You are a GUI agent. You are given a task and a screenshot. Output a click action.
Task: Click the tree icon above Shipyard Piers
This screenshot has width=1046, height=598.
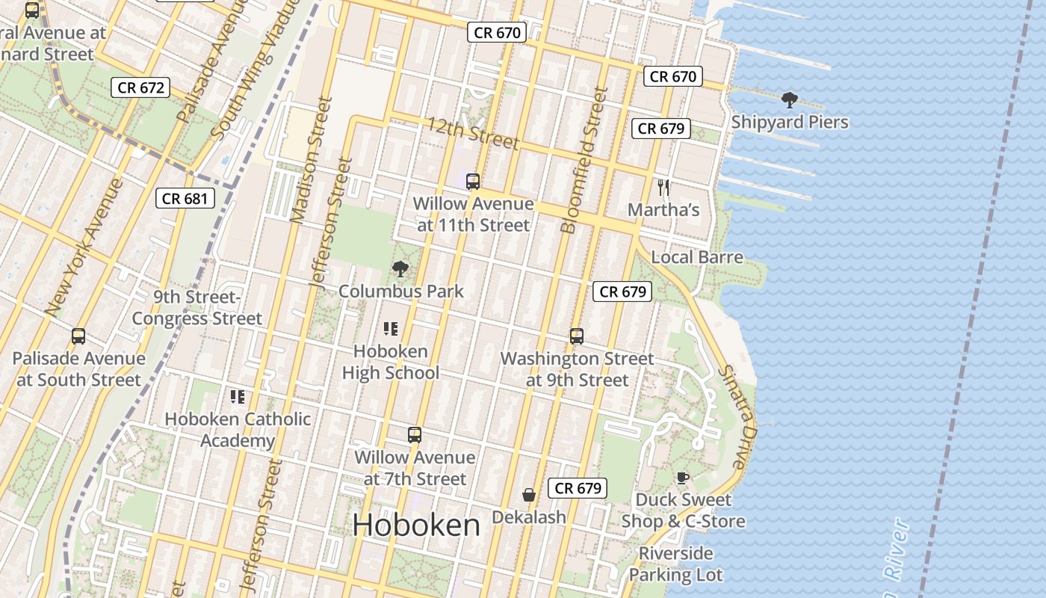point(789,100)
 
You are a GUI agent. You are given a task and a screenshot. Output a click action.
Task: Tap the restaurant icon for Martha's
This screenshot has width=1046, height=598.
point(663,188)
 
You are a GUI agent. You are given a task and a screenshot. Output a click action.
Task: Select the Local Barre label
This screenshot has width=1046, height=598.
point(697,258)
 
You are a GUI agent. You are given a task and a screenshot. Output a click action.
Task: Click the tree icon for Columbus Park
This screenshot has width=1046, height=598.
point(400,269)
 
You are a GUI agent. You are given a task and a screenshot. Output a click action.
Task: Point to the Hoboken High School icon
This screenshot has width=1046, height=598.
point(390,329)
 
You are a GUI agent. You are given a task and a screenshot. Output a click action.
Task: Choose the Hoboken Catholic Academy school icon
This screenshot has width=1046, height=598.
point(238,396)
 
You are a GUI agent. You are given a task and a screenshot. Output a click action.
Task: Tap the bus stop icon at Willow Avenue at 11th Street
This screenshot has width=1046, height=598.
point(473,182)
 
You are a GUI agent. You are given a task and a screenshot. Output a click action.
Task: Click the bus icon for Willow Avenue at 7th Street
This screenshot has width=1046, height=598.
point(415,435)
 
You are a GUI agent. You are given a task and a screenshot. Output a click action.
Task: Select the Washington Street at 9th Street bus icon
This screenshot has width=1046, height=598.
point(577,336)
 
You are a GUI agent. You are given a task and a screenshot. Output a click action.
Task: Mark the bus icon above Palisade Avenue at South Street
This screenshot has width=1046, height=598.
point(78,336)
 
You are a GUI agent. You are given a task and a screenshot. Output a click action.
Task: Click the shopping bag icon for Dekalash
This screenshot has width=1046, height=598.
point(529,495)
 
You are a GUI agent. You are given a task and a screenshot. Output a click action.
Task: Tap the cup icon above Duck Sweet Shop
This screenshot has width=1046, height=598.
point(682,478)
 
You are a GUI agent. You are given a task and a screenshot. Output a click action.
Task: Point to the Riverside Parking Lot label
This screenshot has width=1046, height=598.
point(675,564)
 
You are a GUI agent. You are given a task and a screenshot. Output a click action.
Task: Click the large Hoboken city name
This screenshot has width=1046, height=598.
point(416,525)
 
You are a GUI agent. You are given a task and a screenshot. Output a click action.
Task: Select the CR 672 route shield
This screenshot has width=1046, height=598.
point(140,87)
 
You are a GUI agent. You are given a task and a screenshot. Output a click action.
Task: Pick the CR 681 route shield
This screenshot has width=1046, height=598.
point(185,198)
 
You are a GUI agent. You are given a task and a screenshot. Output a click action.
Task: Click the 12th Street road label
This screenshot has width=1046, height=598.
point(472,132)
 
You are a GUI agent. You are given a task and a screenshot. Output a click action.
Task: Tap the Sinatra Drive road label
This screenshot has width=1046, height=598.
point(738,417)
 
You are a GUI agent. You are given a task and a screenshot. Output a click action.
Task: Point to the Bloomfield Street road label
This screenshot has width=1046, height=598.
point(584,160)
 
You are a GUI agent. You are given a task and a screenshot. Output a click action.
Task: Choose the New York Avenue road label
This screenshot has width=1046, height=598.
point(84,247)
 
